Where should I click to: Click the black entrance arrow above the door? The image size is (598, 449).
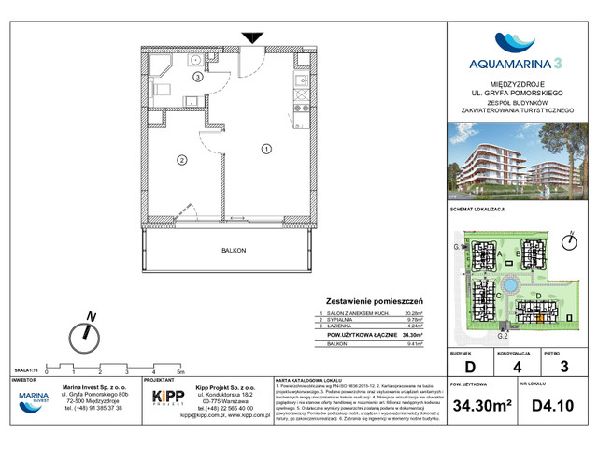click(252, 37)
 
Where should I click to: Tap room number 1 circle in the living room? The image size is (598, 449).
click(266, 148)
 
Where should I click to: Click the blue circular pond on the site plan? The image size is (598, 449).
click(511, 283)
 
